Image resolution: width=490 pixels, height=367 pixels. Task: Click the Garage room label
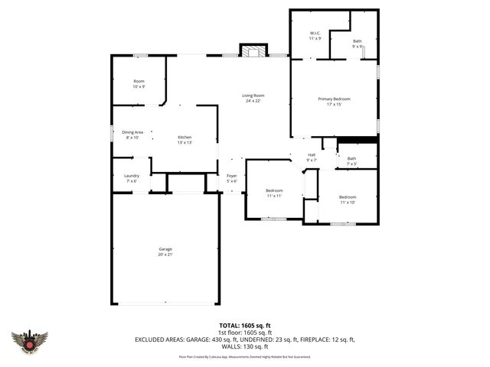[165, 252]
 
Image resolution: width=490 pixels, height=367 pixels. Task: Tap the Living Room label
[253, 98]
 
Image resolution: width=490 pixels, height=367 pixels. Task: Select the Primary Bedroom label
[334, 102]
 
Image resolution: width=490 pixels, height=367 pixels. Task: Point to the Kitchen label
[185, 139]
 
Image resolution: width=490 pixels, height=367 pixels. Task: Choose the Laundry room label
[132, 178]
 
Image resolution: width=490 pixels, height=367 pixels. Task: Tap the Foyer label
[232, 178]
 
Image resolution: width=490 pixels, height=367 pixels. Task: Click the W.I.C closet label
[315, 35]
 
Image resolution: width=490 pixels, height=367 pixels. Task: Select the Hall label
[312, 157]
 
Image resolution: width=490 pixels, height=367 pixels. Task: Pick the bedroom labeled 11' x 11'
[274, 193]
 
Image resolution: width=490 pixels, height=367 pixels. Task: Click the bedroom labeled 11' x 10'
[348, 199]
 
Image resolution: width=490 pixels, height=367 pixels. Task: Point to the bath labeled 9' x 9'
[358, 44]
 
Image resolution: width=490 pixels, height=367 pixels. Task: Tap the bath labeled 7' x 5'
[351, 161]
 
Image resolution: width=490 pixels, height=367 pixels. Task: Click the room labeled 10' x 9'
[139, 83]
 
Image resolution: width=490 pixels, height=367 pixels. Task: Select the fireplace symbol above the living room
[253, 51]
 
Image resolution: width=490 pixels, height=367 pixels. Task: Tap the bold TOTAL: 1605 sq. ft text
[244, 325]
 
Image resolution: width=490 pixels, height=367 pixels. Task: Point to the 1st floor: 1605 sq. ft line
[244, 332]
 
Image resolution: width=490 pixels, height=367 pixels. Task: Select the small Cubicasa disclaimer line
[244, 356]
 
